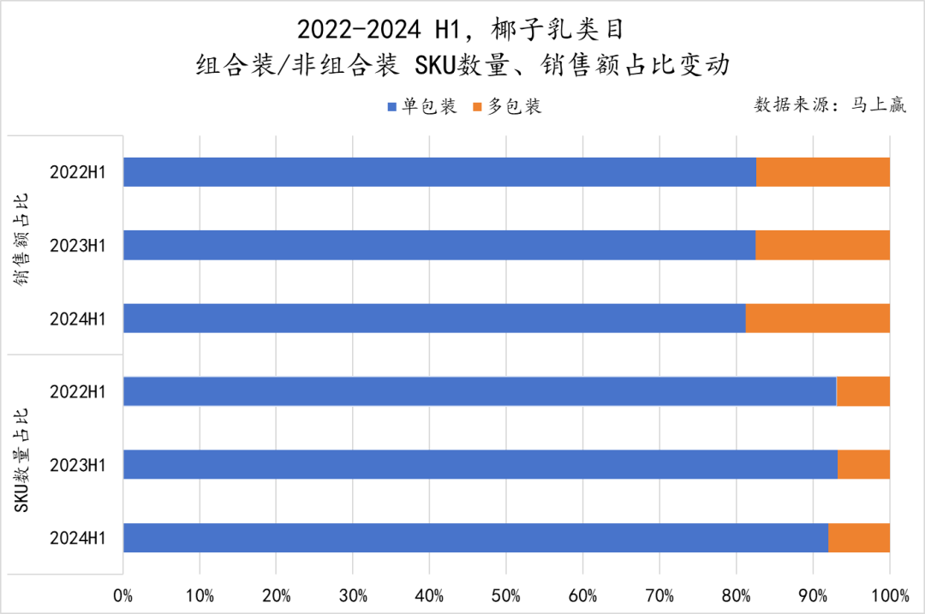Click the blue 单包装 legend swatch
coord(393,107)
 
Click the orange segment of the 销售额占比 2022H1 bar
coord(823,172)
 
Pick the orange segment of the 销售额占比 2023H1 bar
coord(822,245)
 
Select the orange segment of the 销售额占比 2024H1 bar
coord(818,318)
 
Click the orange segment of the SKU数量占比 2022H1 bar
coord(863,391)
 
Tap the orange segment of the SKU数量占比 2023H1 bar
coord(863,464)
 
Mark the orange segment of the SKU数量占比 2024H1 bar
coord(859,537)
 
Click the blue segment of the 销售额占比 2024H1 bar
coord(434,318)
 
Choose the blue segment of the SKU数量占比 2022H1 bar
coord(480,391)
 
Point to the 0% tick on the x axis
coord(123,594)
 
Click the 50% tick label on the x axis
coord(506,594)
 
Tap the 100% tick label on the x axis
coord(890,594)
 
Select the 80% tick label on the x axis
coord(737,594)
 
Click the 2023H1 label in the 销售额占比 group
coord(78,246)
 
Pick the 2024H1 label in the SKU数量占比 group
coord(78,538)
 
